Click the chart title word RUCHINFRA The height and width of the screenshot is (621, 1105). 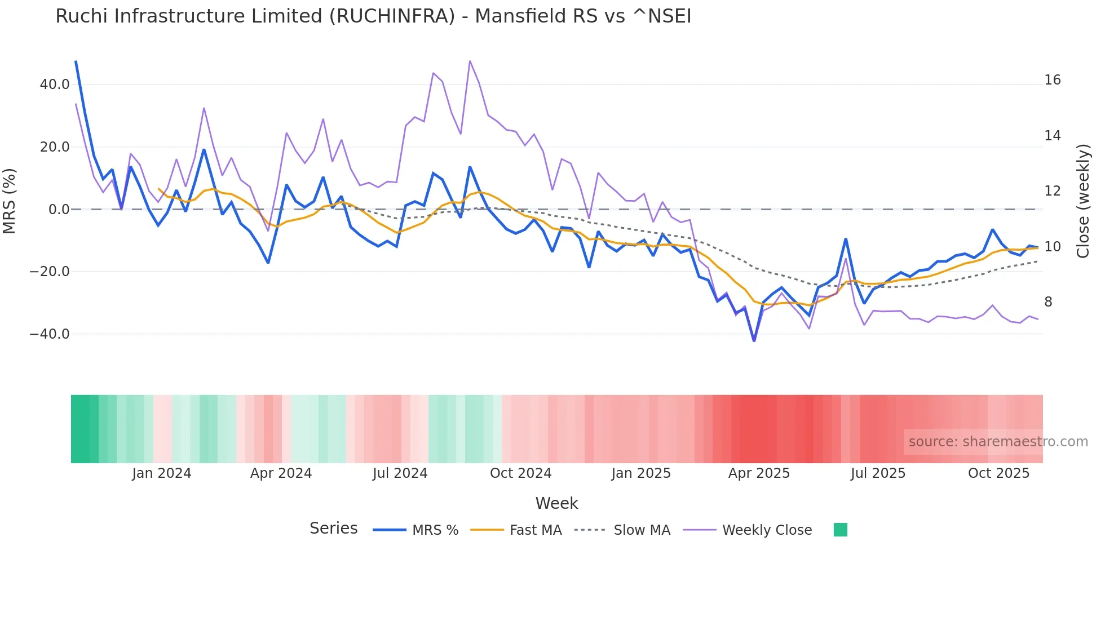coord(392,16)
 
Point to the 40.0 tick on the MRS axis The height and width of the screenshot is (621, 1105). coord(55,85)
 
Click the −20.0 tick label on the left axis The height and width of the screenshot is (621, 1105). coord(50,272)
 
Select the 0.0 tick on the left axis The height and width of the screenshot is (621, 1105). coord(59,210)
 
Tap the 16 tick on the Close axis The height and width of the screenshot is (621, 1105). coord(1052,80)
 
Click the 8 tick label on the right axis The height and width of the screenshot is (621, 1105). coord(1048,302)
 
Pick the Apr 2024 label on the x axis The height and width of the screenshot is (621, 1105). coord(281,473)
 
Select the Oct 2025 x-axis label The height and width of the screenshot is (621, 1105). coord(998,473)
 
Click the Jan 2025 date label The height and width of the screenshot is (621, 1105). coord(641,473)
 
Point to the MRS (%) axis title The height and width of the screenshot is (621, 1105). coord(10,201)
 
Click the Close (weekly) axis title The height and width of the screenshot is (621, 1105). coord(1082,201)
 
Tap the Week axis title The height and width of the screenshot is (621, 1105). coord(556,503)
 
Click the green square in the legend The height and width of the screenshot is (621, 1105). coord(840,530)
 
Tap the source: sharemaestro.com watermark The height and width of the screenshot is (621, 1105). coord(998,442)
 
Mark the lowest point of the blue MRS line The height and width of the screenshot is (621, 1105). coord(754,341)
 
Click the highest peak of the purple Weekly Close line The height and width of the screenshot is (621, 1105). coord(470,61)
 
